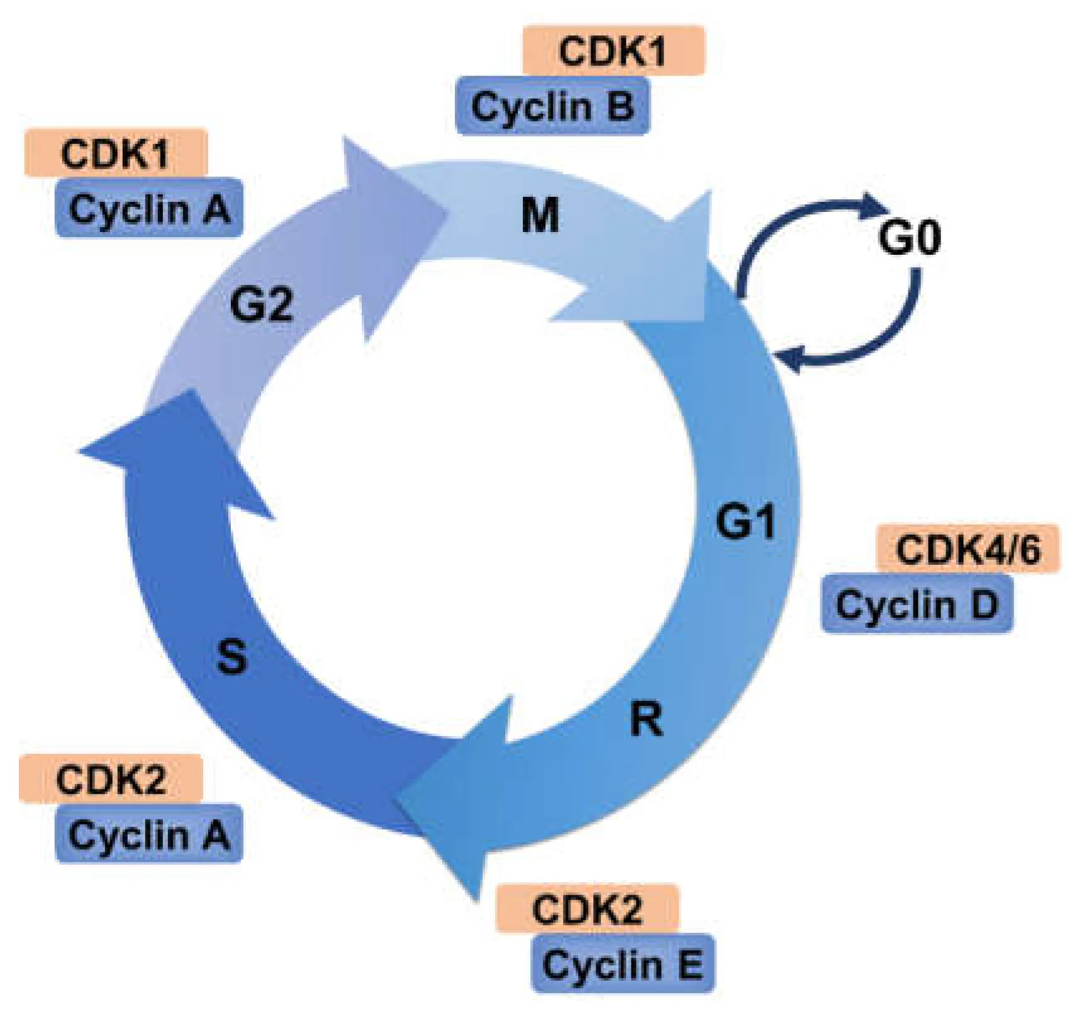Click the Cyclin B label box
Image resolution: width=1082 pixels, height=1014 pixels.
(x=552, y=106)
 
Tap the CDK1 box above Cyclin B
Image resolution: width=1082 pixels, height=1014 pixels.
(x=613, y=50)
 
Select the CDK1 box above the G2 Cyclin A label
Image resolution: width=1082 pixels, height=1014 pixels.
(x=116, y=152)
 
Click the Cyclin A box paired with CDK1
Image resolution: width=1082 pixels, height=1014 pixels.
(x=149, y=208)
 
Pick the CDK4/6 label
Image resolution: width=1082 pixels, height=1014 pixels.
(x=968, y=549)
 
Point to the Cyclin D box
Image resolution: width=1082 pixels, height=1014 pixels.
(x=917, y=604)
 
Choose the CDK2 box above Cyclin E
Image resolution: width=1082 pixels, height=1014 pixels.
(x=587, y=908)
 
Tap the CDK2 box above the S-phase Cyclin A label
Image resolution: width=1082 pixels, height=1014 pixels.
(x=111, y=779)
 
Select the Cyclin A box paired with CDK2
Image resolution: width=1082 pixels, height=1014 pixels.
(x=149, y=834)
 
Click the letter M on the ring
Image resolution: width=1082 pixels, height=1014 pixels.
(x=540, y=215)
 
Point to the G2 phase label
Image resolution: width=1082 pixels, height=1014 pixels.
(x=261, y=304)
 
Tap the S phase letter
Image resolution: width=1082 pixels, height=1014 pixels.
(x=232, y=655)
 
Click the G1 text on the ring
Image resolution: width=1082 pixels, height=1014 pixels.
(x=745, y=521)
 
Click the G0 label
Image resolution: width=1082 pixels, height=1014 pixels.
(x=909, y=238)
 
